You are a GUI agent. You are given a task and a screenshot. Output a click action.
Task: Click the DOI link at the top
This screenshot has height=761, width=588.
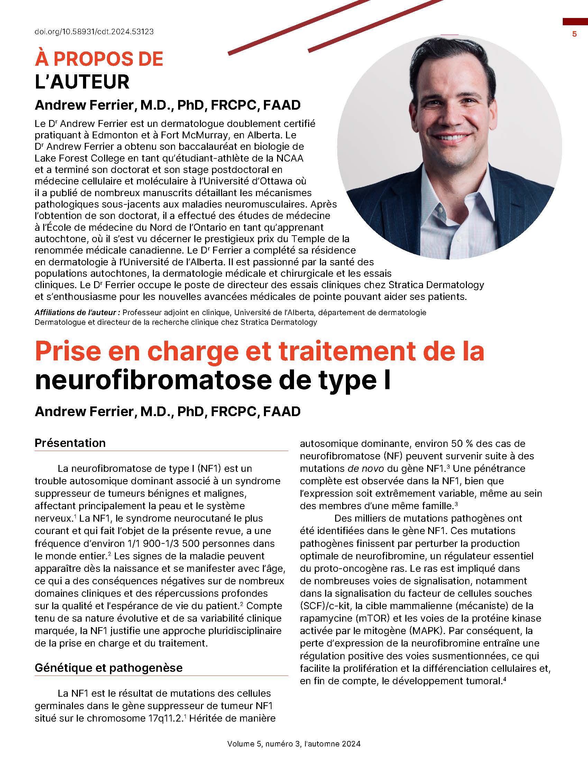tap(94, 32)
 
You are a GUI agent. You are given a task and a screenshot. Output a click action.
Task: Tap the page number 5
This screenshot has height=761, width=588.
tap(575, 34)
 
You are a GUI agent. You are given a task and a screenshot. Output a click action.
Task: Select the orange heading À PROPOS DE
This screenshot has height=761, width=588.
tap(99, 59)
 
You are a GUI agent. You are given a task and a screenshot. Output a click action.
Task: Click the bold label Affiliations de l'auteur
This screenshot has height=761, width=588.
tap(77, 313)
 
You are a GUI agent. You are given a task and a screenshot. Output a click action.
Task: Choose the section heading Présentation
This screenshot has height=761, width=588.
tap(70, 443)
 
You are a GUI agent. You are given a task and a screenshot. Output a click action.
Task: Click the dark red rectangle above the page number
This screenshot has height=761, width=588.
tap(575, 21)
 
